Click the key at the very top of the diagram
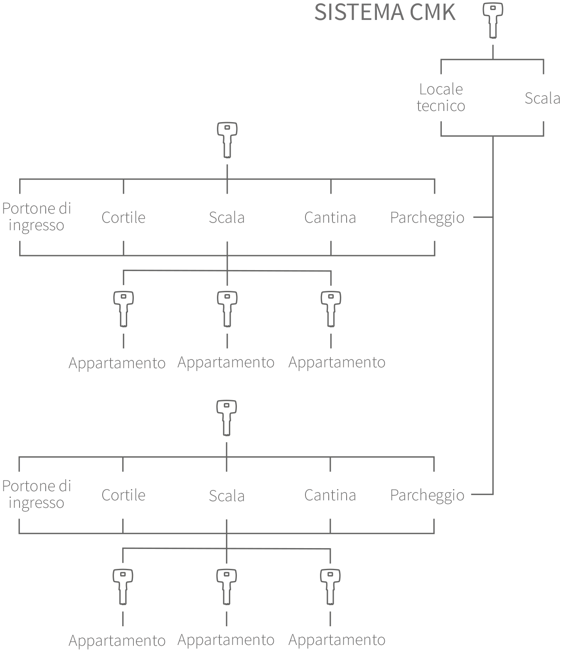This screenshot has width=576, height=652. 493,21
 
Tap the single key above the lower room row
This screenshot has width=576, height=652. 226,418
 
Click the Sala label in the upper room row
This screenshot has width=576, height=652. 227,217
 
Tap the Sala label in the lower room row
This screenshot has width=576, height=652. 227,495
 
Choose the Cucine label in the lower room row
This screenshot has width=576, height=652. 123,495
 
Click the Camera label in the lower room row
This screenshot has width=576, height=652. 331,495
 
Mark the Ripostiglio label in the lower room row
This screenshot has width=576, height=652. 428,495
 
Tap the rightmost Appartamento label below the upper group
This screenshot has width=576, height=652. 337,363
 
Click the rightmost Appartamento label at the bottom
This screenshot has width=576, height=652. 337,640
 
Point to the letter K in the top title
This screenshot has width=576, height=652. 447,12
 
